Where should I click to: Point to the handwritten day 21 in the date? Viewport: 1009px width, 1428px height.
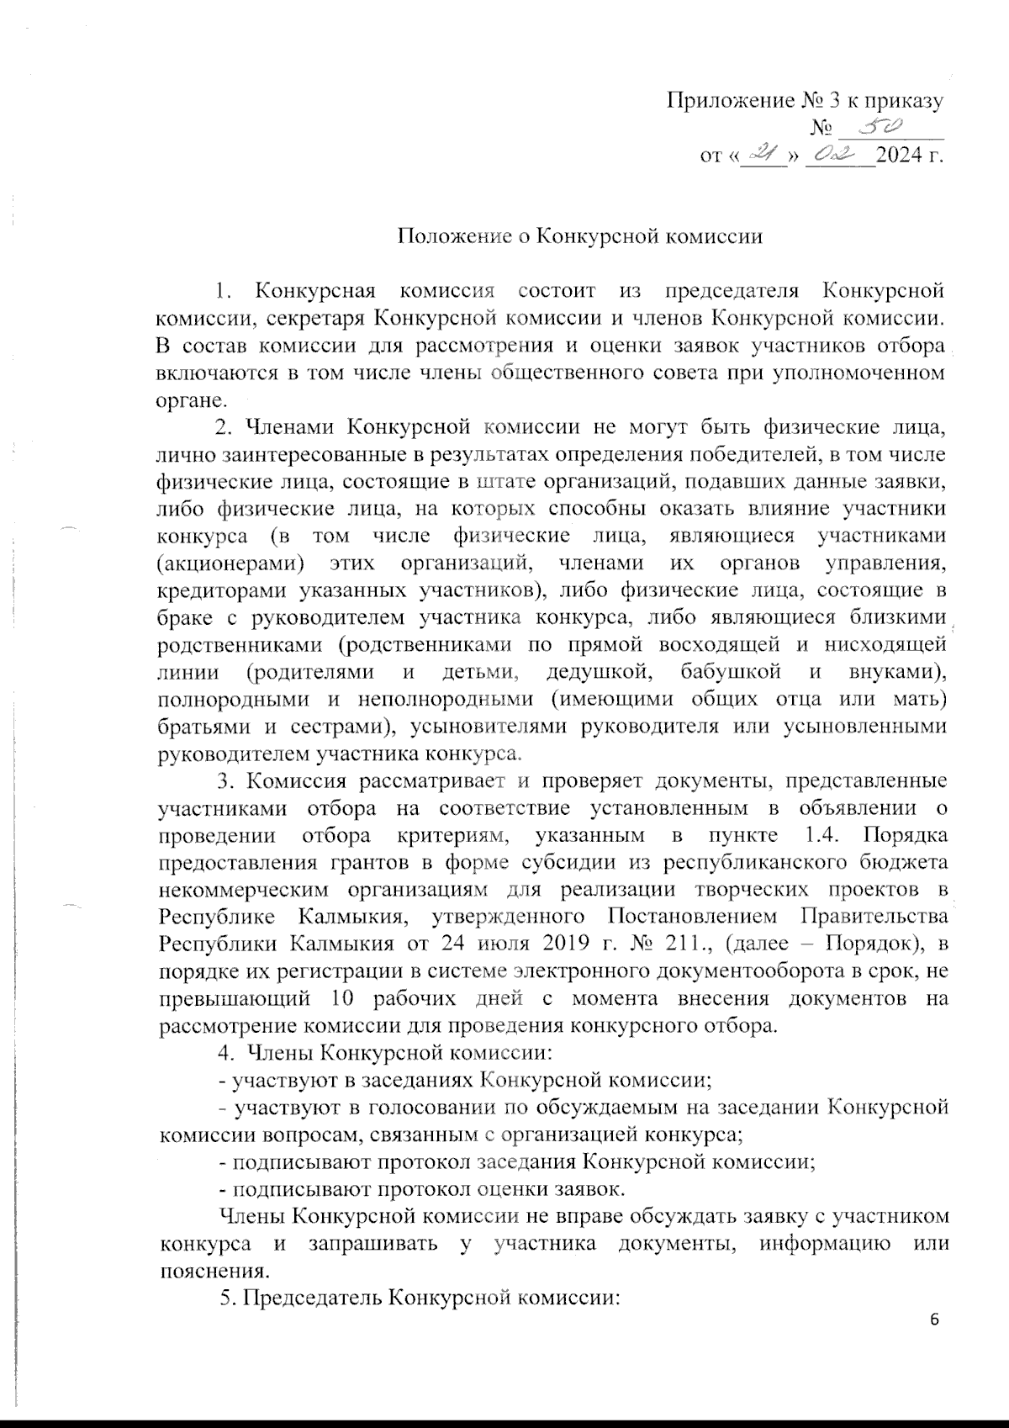(x=763, y=155)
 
